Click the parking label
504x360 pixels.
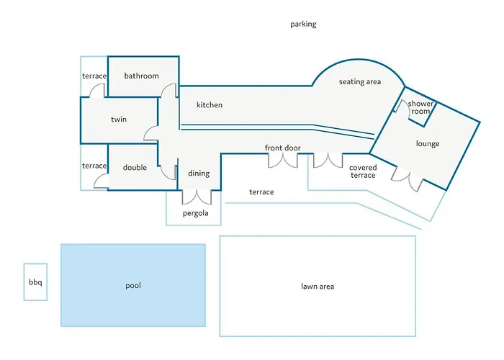303,24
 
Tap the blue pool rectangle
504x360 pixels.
133,285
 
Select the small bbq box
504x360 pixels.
35,282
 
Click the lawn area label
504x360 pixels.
318,286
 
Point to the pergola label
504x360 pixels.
195,213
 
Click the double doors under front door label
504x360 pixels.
283,161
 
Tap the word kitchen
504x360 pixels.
210,105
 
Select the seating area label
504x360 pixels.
360,82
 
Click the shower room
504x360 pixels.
420,108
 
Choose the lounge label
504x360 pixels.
428,144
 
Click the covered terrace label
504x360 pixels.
363,171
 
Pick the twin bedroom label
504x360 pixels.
119,120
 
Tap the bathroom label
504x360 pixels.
141,76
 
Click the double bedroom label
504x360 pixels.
135,168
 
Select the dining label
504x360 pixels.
199,174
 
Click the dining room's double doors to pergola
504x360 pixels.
197,197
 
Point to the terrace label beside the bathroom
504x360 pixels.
94,76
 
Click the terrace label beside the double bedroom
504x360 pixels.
94,166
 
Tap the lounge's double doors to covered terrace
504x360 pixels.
408,179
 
